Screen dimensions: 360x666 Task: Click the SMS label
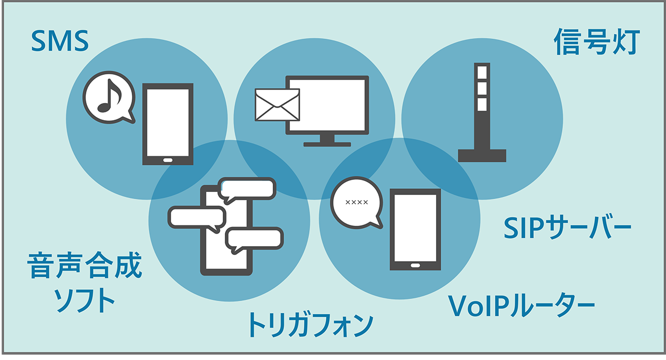60,42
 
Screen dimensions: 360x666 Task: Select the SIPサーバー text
568,227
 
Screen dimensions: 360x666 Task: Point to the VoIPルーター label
522,307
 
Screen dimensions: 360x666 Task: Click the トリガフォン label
310,325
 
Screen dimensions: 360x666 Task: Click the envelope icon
277,105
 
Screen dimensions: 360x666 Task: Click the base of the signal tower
482,155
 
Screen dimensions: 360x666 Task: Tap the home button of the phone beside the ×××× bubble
415,266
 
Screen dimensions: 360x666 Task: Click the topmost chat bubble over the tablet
248,188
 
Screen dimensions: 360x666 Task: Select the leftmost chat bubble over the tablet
197,217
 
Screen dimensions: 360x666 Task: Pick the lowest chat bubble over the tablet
255,239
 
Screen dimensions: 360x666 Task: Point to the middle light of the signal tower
482,87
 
